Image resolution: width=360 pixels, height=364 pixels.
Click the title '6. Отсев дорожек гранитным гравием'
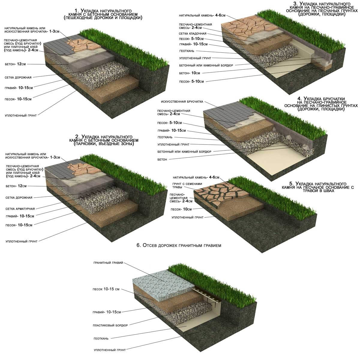[179, 245]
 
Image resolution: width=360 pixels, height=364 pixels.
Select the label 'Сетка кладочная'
[193, 34]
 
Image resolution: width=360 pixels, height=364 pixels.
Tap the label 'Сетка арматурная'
[20, 209]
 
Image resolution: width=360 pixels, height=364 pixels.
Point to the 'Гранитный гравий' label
[108, 263]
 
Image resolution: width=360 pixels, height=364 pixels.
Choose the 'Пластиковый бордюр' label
[110, 326]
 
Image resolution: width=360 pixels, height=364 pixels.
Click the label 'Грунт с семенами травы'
[187, 186]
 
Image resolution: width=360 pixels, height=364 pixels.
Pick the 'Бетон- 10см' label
[190, 73]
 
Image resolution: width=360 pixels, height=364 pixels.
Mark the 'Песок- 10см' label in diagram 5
[181, 209]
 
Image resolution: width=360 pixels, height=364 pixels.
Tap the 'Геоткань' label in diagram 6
[101, 339]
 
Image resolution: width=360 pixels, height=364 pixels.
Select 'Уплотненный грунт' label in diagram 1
[21, 116]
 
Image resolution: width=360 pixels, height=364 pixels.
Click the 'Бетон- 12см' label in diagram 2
[16, 186]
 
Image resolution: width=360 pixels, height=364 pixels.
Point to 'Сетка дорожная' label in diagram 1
[18, 77]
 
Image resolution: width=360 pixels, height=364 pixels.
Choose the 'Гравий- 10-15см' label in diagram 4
[172, 131]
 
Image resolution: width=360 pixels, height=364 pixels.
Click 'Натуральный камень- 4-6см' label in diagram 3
[202, 15]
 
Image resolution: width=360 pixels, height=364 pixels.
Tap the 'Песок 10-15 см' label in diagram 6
[106, 289]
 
